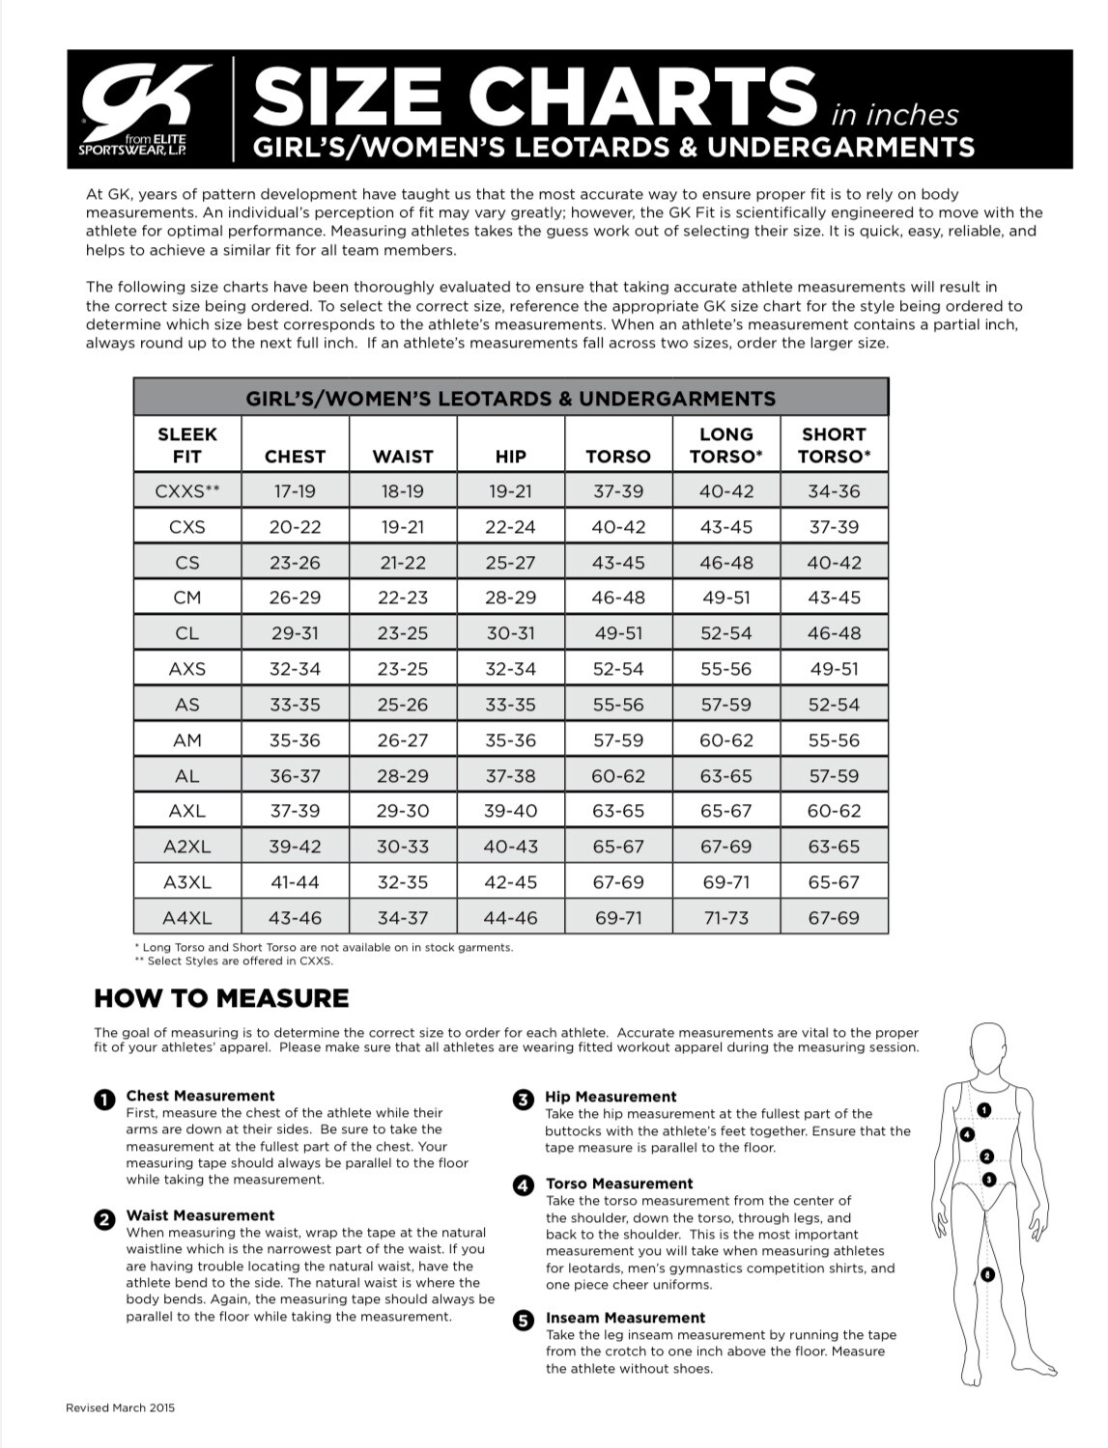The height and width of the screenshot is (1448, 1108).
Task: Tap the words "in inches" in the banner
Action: click(x=894, y=115)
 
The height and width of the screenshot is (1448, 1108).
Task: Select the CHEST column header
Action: click(x=295, y=456)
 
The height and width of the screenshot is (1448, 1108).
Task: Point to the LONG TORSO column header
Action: click(x=725, y=445)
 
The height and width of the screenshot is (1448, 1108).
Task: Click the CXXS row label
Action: click(x=187, y=491)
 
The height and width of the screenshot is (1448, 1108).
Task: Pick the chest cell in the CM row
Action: click(x=295, y=598)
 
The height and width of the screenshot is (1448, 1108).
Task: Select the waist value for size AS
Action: click(x=402, y=705)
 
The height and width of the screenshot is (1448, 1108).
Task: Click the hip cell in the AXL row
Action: click(x=510, y=811)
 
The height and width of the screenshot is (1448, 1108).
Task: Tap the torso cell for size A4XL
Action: click(x=618, y=918)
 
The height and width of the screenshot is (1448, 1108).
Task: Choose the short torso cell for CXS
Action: click(x=834, y=527)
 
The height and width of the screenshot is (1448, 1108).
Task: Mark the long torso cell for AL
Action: click(x=725, y=776)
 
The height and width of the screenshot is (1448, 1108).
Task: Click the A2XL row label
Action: click(x=187, y=847)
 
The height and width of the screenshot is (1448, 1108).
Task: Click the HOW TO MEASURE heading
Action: click(x=221, y=998)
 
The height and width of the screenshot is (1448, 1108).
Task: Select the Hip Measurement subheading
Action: click(x=611, y=1097)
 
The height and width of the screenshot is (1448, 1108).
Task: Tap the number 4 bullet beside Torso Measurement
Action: click(x=524, y=1184)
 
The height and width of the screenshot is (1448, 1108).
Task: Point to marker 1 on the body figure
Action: click(x=984, y=1111)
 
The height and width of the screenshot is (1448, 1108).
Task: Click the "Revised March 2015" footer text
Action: click(x=121, y=1408)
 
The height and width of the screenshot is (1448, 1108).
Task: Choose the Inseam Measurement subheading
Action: click(x=625, y=1318)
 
